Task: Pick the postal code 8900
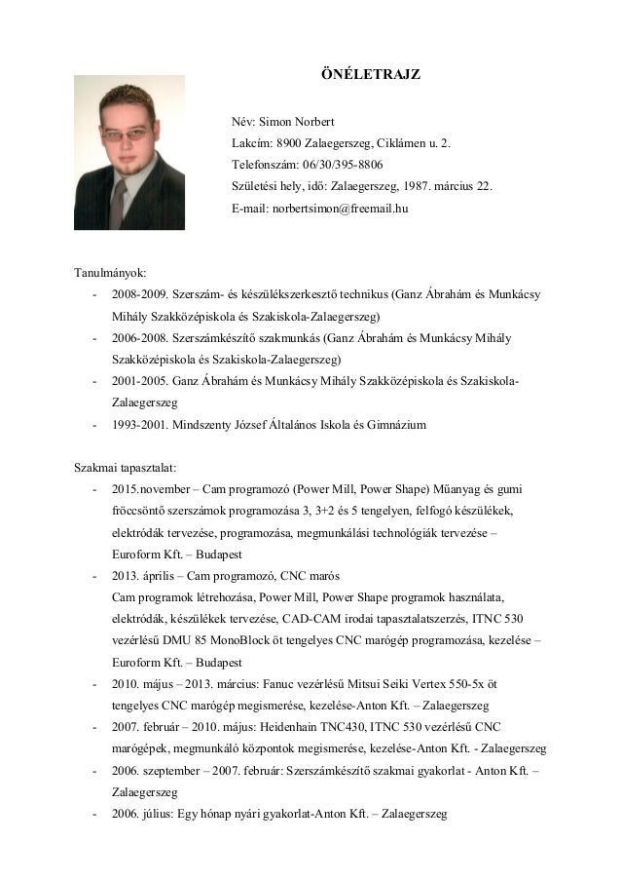(x=291, y=143)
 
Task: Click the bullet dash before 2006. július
(x=93, y=812)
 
